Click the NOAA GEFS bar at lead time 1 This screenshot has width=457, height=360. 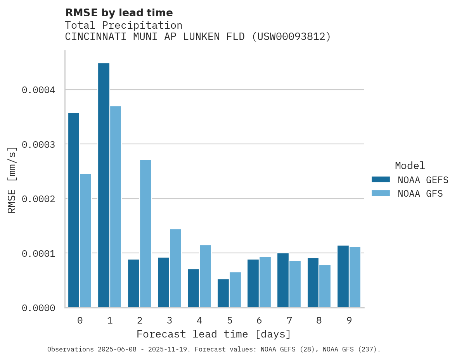[104, 185]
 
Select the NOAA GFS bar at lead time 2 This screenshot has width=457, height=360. [145, 234]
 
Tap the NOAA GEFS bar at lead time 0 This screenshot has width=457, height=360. [74, 210]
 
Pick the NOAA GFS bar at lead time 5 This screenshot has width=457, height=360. [235, 290]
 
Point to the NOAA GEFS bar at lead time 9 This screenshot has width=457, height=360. [343, 276]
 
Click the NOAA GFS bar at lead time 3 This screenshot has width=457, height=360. [175, 268]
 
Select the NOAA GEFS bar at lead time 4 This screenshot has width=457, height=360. [193, 288]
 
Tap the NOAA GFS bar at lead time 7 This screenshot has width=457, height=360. [295, 284]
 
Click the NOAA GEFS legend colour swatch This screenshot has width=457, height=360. [381, 180]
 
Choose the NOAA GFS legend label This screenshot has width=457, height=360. [420, 194]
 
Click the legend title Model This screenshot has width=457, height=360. [410, 166]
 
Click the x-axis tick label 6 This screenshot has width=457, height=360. [259, 320]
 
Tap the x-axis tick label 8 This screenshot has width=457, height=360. [319, 320]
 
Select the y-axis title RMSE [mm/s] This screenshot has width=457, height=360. [12, 180]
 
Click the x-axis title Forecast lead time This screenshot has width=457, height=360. [214, 334]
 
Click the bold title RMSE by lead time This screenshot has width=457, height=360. [119, 13]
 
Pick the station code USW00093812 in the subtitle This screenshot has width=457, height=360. [291, 37]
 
